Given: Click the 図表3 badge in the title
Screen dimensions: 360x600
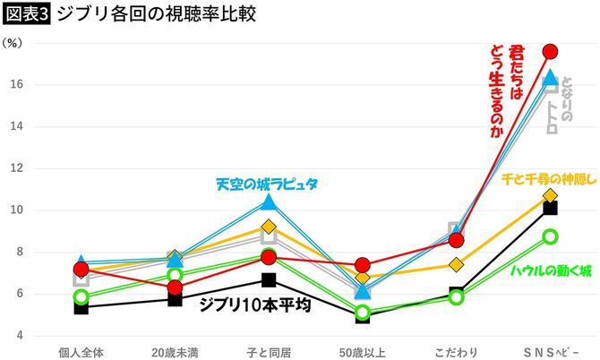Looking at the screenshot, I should (x=25, y=14).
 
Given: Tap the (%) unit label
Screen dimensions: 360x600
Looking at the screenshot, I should (x=14, y=43).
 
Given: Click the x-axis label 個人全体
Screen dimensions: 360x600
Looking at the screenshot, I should (x=81, y=350).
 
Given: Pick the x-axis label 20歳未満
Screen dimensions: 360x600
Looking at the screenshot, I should (x=175, y=350).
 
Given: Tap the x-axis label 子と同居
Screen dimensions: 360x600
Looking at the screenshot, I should (x=269, y=350).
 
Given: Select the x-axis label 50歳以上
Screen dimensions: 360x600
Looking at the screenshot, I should (x=363, y=350).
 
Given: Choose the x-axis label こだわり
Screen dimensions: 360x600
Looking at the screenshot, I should (x=456, y=350).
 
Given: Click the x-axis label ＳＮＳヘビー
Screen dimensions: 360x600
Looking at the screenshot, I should (x=549, y=350).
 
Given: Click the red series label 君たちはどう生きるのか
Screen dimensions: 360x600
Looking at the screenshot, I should (x=505, y=90).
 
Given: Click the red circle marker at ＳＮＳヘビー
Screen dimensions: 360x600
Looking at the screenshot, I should (x=551, y=51).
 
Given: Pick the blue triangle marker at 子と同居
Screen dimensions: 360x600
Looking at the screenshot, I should (x=269, y=202).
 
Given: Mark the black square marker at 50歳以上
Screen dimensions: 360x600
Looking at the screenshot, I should (x=363, y=316).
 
